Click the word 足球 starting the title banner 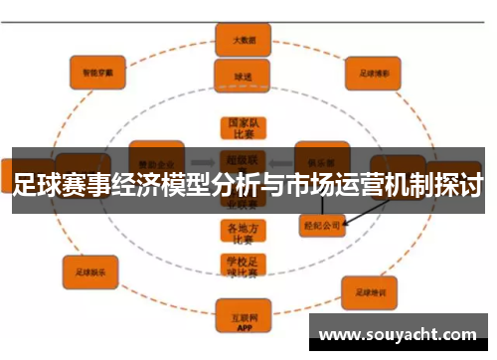pos(37,184)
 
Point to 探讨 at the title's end pos(459,184)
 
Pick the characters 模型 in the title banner pos(184,184)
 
